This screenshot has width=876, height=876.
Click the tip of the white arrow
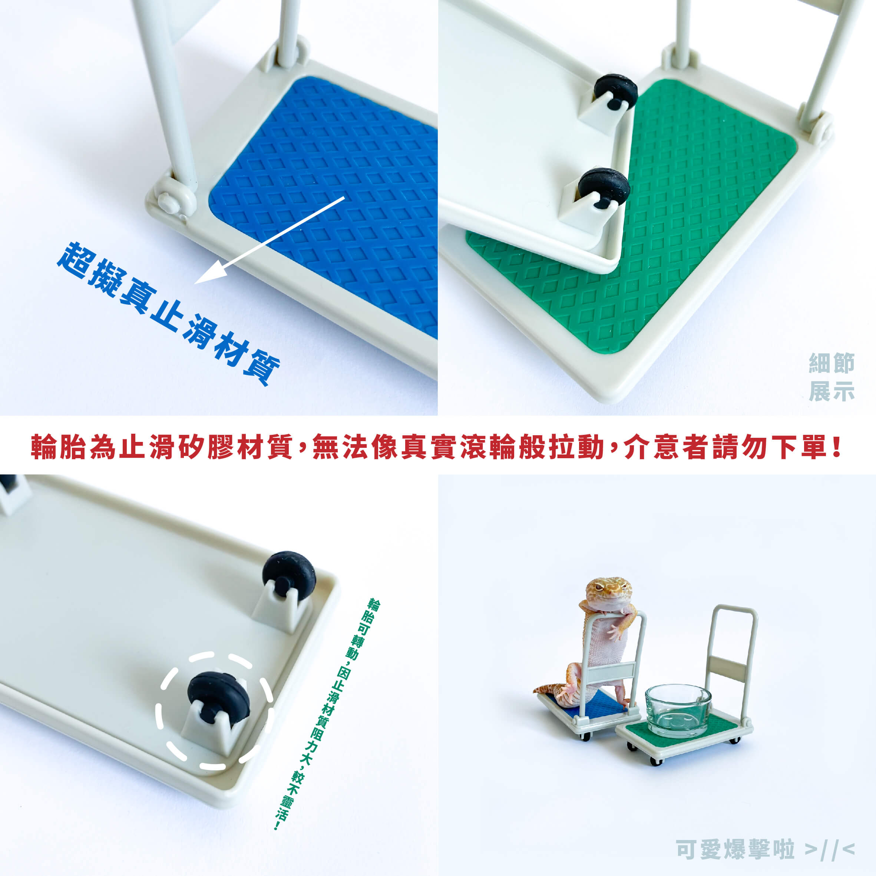point(195,283)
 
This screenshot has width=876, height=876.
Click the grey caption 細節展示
point(832,377)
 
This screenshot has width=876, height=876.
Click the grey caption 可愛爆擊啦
point(735,849)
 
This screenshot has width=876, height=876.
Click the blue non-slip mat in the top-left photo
point(323,206)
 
